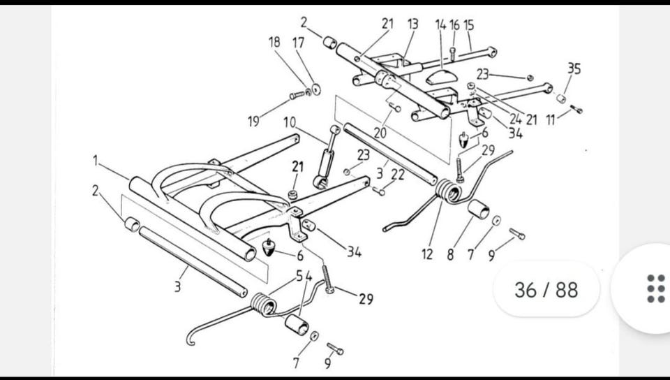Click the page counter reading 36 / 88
(546, 289)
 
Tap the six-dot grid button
(655, 288)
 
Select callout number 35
(574, 68)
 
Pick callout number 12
(427, 255)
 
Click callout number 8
(450, 255)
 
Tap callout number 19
(254, 121)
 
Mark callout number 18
(274, 42)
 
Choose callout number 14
(440, 25)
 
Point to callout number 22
(398, 175)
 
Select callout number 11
(551, 119)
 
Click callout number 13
(412, 24)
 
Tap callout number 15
(468, 25)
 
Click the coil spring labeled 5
(262, 304)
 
